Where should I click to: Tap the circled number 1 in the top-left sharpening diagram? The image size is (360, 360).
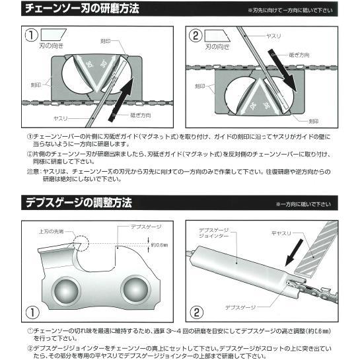pos(29,35)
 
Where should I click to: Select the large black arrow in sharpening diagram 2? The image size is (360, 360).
pos(295,66)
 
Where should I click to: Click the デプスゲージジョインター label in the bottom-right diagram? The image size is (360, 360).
pos(212,234)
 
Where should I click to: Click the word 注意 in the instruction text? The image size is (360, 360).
pos(34,171)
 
